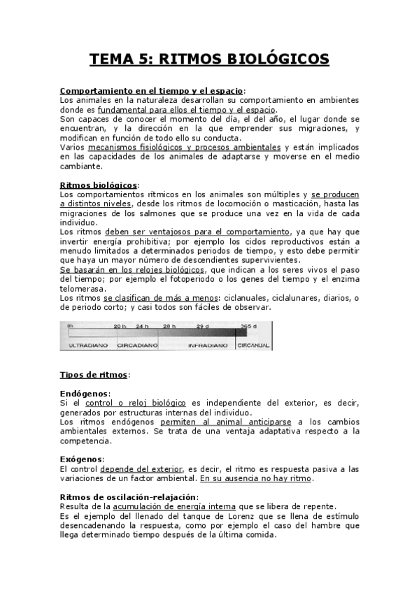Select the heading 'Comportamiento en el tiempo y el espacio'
151,91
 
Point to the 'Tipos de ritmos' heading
94,375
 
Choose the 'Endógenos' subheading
85,394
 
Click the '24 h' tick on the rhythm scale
143,327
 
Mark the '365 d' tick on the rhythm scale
249,327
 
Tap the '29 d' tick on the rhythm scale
203,327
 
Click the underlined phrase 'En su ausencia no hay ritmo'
256,478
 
